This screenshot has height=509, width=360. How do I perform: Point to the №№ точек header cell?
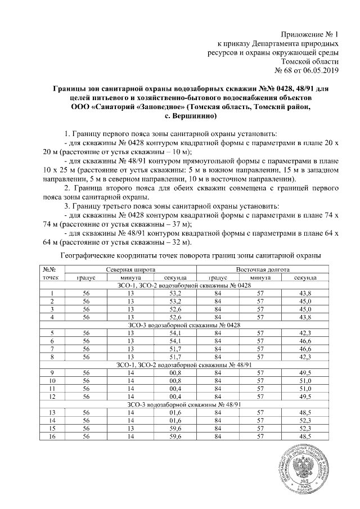pos(52,274)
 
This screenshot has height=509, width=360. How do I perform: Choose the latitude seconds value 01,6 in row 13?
pos(175,412)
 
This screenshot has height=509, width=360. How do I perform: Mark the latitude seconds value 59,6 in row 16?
pos(175,436)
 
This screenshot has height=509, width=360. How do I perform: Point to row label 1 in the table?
pos(52,294)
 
